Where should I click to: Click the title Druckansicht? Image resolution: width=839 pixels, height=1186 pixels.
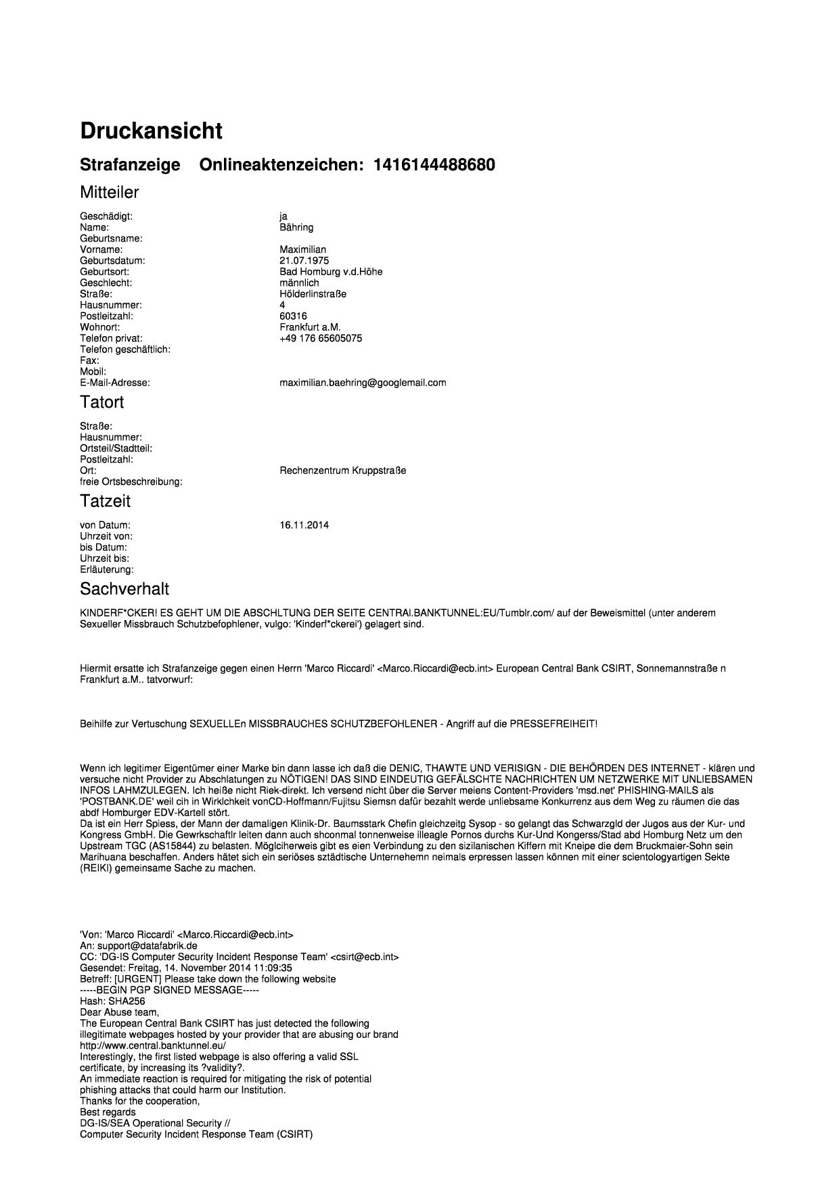click(151, 131)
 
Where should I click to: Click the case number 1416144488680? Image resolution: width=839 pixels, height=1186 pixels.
click(434, 165)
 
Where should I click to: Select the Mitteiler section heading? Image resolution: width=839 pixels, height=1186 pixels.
click(109, 193)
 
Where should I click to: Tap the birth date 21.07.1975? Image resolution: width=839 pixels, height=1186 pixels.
click(304, 260)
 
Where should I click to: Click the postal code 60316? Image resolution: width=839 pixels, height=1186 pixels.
click(292, 316)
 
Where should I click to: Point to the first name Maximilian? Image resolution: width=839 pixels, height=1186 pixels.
click(302, 250)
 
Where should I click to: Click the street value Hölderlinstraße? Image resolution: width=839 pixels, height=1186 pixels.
click(313, 294)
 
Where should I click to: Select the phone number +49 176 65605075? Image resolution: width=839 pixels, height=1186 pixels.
click(320, 338)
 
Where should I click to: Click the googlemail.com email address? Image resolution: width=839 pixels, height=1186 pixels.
click(363, 383)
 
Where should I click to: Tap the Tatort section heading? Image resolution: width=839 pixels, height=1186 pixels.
click(101, 402)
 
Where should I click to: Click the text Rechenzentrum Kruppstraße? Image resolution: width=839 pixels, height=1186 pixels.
click(342, 471)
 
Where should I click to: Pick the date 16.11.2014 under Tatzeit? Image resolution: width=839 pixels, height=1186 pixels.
click(304, 525)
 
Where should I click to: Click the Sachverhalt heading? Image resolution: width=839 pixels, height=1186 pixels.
click(124, 589)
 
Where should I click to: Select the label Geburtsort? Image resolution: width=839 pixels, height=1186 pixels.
click(104, 272)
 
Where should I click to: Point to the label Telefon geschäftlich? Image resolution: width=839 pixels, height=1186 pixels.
click(124, 350)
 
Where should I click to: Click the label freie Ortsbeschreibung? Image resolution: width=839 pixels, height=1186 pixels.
click(131, 482)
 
